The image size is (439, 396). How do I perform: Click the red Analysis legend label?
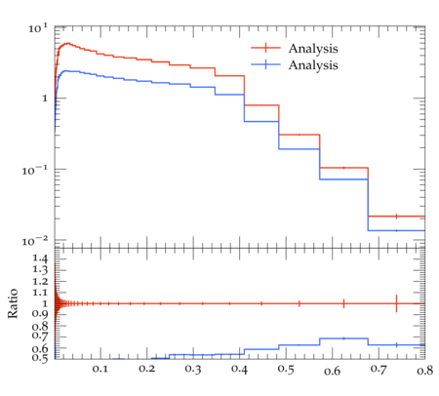(313, 49)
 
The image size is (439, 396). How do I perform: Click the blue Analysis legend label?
(313, 65)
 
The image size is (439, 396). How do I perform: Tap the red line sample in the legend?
(265, 48)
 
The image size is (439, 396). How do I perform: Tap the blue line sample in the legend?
(265, 64)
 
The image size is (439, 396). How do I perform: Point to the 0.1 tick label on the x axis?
(100, 369)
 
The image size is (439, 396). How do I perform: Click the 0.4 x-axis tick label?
(239, 369)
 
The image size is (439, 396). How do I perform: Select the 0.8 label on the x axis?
(425, 370)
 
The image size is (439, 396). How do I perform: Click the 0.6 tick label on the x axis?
(332, 370)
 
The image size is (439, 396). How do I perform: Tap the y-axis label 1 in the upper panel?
(45, 99)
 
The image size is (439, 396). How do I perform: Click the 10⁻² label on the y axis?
(35, 241)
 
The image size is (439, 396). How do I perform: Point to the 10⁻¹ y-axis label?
(35, 170)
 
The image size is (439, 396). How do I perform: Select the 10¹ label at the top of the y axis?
(38, 28)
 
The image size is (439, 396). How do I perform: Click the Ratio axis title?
(13, 303)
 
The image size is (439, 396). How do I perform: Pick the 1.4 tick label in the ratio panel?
(40, 258)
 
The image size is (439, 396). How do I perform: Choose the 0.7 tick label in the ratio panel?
(40, 336)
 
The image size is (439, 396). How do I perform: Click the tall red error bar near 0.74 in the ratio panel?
(396, 303)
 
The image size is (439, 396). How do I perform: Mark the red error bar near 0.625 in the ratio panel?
(343, 303)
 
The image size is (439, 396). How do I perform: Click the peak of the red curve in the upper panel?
(68, 43)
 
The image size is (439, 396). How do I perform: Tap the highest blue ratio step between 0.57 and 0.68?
(343, 338)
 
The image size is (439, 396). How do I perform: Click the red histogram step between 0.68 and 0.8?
(396, 217)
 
